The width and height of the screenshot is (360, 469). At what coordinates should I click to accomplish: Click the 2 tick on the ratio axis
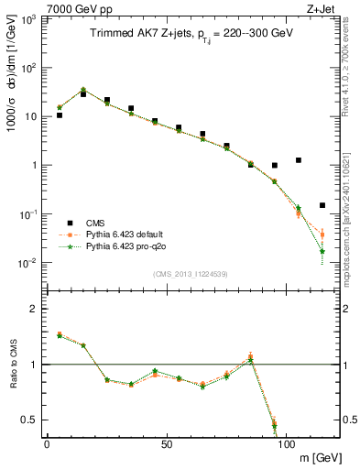click(34, 309)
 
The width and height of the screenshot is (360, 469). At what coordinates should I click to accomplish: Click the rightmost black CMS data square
click(322, 205)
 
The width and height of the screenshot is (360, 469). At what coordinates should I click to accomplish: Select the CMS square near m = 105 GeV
click(299, 160)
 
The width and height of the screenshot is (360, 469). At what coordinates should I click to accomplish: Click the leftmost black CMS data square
click(60, 115)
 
